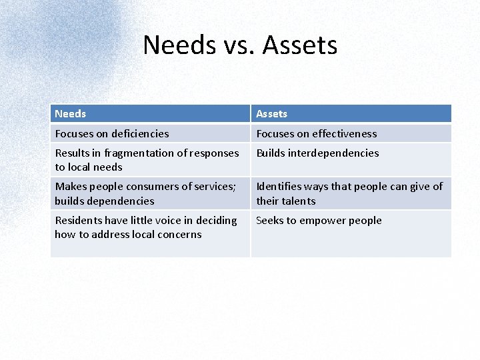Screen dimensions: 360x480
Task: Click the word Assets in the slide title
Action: [x=300, y=45]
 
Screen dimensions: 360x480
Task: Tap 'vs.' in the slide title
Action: [x=237, y=45]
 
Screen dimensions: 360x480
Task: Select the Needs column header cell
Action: [x=150, y=113]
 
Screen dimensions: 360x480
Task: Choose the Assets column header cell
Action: [x=351, y=113]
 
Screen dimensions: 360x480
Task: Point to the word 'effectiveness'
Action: [x=345, y=133]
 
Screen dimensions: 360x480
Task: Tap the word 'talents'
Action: [x=299, y=201]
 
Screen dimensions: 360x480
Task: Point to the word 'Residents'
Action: [x=79, y=220]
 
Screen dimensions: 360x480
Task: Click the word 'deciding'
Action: [x=217, y=220]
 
